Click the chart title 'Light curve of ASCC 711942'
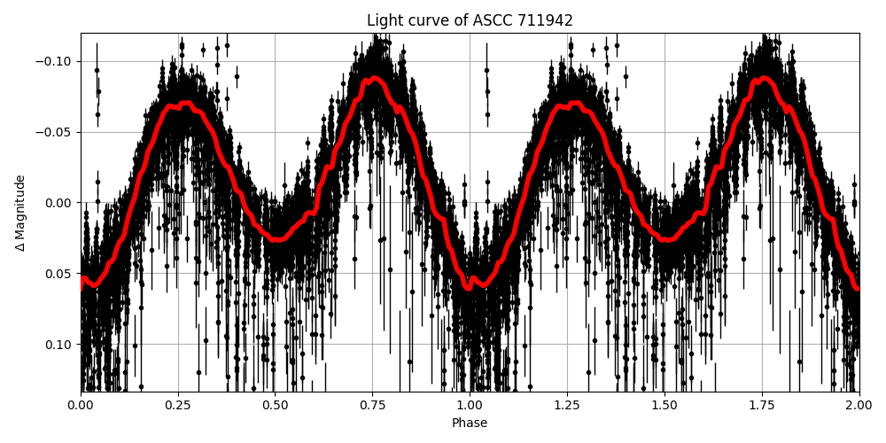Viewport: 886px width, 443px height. pyautogui.click(x=470, y=20)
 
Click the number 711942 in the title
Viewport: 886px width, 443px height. pyautogui.click(x=545, y=20)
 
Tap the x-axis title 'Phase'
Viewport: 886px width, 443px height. pyautogui.click(x=470, y=424)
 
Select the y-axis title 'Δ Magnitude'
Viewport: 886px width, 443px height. pyautogui.click(x=20, y=213)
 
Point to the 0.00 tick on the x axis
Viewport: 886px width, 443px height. pyautogui.click(x=81, y=405)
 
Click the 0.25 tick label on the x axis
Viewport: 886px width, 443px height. pyautogui.click(x=178, y=405)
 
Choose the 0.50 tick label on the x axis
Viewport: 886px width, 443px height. pyautogui.click(x=275, y=405)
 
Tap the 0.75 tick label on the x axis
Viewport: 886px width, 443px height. pyautogui.click(x=372, y=405)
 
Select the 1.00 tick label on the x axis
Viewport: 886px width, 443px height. pyautogui.click(x=470, y=405)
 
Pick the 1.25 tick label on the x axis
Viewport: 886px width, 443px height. pyautogui.click(x=567, y=405)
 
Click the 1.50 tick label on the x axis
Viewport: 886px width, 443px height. pyautogui.click(x=664, y=405)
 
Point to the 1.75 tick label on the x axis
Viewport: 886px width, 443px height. pyautogui.click(x=761, y=405)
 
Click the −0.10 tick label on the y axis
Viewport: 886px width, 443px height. pyautogui.click(x=56, y=62)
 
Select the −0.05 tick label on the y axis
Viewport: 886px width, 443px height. pyautogui.click(x=56, y=132)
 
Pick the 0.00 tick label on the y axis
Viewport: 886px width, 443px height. pyautogui.click(x=59, y=203)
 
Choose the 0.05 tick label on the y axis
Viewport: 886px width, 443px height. pyautogui.click(x=59, y=274)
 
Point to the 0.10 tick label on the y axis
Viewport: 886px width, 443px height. pyautogui.click(x=59, y=344)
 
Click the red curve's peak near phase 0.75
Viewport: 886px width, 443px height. pyautogui.click(x=375, y=79)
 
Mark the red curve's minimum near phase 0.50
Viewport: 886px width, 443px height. pyautogui.click(x=276, y=239)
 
